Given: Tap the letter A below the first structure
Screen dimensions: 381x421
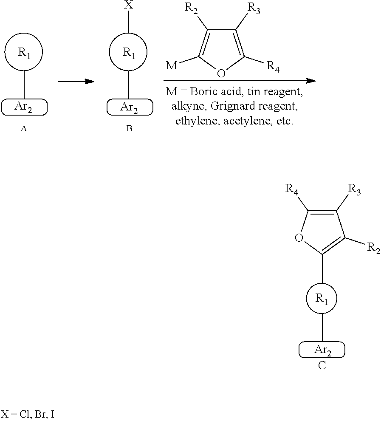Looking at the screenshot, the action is [x=24, y=129].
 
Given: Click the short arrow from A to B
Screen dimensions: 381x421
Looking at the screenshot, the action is [x=76, y=81].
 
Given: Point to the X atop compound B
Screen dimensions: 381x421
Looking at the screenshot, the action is [x=129, y=5].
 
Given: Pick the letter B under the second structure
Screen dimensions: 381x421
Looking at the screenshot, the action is [x=129, y=129].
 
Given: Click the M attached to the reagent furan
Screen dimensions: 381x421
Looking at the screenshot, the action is [x=172, y=65].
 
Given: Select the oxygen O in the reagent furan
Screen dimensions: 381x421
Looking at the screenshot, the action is [x=221, y=73].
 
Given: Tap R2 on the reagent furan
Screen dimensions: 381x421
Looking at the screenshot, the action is [x=191, y=8].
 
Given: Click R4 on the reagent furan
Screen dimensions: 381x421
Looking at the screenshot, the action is [x=273, y=66].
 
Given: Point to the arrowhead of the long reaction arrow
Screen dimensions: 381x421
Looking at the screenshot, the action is [x=311, y=81].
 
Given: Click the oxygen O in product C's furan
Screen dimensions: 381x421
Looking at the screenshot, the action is [x=299, y=237].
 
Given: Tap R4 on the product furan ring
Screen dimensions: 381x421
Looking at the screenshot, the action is [x=291, y=189].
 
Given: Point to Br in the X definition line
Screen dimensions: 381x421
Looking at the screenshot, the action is [x=40, y=415].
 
